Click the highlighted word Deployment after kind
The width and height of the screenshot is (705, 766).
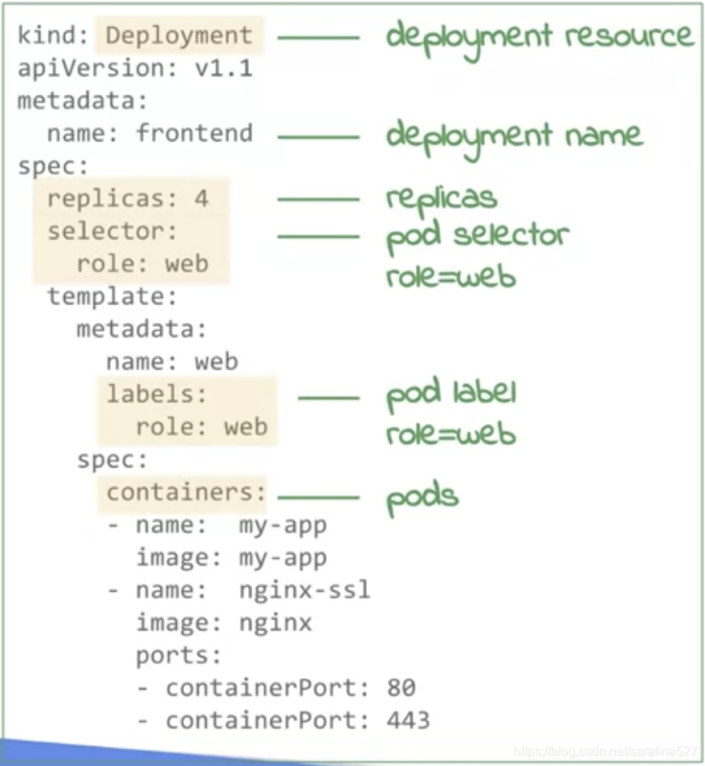point(179,36)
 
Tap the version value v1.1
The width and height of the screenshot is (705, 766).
point(223,69)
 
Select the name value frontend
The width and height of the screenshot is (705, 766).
point(194,133)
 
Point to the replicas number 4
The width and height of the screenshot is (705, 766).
point(201,198)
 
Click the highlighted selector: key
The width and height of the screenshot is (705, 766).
point(112,231)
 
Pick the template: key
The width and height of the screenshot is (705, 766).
point(112,296)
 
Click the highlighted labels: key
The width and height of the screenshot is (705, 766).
point(157,393)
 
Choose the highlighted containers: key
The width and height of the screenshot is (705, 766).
point(185,491)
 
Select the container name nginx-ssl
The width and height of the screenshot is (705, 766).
point(304,590)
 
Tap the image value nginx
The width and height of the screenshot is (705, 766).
point(275,622)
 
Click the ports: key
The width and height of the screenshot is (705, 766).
point(178,655)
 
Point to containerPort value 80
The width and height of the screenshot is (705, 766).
point(401,688)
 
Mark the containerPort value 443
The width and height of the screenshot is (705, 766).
point(408,720)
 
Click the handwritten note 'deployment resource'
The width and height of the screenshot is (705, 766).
point(538,37)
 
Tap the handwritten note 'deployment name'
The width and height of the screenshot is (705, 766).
point(514,135)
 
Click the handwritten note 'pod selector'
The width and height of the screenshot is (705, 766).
point(477,236)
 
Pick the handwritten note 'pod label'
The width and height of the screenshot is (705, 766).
point(450,393)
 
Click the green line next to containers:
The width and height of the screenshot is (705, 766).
point(318,498)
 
